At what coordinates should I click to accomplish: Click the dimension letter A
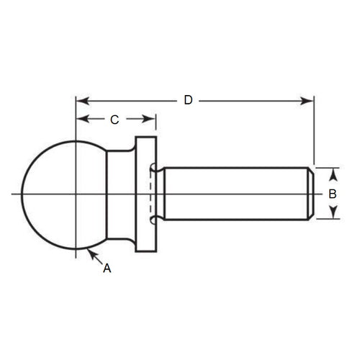(107, 268)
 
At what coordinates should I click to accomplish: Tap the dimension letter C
(114, 120)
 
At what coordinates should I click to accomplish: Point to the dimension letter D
(188, 100)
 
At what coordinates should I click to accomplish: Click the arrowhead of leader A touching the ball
(90, 251)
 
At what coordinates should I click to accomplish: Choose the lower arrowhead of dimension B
(333, 215)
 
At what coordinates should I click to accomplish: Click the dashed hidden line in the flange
(150, 193)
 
